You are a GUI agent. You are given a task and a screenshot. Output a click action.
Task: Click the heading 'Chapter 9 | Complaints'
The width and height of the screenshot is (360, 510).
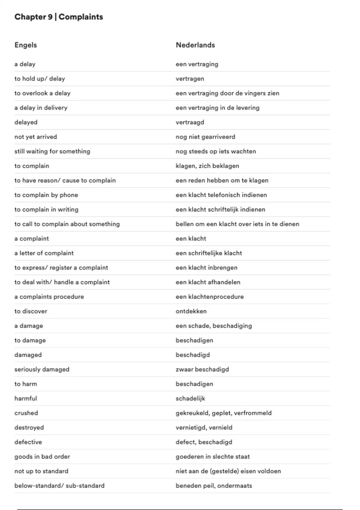[x=59, y=17]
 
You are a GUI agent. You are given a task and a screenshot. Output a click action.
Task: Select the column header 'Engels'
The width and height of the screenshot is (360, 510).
[x=26, y=45]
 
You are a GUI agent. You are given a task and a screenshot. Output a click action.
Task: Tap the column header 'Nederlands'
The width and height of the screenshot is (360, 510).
[x=195, y=45]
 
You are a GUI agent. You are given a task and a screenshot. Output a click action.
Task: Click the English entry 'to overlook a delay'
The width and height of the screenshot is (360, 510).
[x=42, y=93]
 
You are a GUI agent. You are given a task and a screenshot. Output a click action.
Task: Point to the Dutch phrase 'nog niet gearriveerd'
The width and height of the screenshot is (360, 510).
[x=205, y=137]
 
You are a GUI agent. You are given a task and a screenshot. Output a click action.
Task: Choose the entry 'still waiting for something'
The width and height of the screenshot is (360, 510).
[x=52, y=151]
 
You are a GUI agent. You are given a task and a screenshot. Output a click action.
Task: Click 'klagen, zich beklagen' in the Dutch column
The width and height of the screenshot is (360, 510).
[x=207, y=166]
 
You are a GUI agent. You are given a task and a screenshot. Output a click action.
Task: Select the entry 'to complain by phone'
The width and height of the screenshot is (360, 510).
[x=46, y=195]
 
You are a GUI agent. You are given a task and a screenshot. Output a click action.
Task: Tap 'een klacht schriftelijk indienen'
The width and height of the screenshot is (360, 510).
[x=220, y=209]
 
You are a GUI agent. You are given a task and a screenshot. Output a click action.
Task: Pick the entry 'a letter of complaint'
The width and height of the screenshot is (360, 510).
[x=44, y=253]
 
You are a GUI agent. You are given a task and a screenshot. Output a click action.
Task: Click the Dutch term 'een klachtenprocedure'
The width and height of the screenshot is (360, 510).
[x=210, y=297]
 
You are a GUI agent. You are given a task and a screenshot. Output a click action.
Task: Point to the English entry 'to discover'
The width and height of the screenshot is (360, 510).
[x=31, y=311]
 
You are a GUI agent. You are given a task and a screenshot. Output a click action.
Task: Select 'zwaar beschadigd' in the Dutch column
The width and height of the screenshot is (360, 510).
[x=202, y=369]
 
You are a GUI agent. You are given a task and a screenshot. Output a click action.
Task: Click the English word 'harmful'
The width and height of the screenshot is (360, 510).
[x=26, y=398]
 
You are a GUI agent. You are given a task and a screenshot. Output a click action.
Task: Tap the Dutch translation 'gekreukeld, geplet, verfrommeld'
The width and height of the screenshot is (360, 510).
[x=223, y=413]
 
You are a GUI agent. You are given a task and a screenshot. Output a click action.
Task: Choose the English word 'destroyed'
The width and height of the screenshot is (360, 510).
[x=29, y=427]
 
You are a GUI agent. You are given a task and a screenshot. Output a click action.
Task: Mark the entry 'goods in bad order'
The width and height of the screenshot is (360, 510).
[x=42, y=457]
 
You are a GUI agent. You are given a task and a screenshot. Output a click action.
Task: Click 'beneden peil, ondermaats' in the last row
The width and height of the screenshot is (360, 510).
[x=214, y=486]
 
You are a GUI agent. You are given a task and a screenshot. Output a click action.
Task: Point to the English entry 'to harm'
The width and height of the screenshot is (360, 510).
[x=26, y=384]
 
